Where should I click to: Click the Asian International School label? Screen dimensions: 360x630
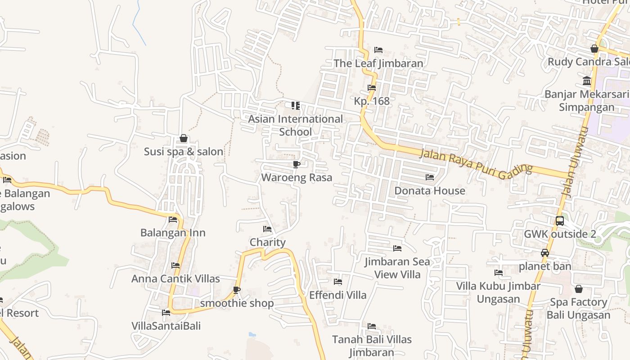click(x=295, y=125)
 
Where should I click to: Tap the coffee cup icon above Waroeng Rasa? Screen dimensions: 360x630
click(x=296, y=164)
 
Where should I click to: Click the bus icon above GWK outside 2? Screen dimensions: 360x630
click(x=560, y=221)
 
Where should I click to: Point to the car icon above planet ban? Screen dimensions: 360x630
click(x=545, y=253)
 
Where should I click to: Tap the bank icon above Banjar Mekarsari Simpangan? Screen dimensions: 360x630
click(x=587, y=81)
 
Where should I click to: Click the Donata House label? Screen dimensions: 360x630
click(x=430, y=191)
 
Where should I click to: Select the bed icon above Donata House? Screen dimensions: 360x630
click(x=430, y=177)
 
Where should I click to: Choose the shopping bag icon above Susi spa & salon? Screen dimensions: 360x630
click(x=184, y=138)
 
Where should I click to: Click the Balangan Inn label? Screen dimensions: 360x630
click(x=173, y=233)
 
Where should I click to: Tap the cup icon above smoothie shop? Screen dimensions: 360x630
click(x=237, y=290)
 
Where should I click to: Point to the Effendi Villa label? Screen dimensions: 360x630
click(x=338, y=295)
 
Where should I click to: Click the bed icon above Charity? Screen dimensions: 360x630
click(x=267, y=229)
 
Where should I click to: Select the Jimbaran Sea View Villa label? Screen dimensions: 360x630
click(x=397, y=268)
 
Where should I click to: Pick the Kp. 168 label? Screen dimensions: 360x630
click(x=372, y=101)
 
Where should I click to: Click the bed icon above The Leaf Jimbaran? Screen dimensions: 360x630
click(x=378, y=49)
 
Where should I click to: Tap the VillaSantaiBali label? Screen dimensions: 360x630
click(x=166, y=326)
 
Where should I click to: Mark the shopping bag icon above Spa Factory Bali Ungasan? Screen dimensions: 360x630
click(x=579, y=289)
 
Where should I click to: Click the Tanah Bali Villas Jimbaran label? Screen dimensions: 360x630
click(x=372, y=346)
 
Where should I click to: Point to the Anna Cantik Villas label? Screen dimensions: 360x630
click(x=175, y=279)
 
